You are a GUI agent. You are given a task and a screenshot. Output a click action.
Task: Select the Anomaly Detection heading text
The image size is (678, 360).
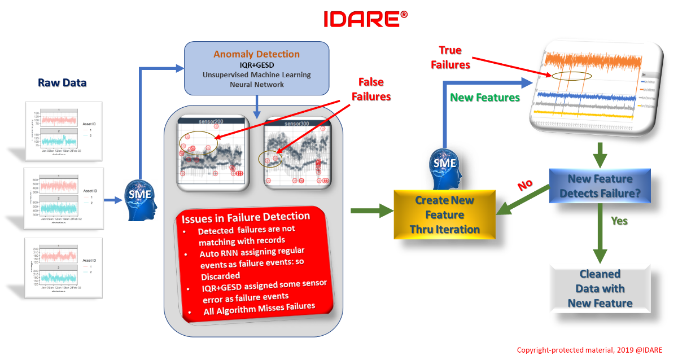[x=256, y=55]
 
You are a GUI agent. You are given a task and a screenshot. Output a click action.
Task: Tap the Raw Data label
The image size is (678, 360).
[x=62, y=83]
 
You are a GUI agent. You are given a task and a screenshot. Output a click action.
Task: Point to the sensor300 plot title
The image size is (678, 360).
[x=296, y=122]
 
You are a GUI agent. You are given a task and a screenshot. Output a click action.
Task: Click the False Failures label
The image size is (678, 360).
[x=371, y=90]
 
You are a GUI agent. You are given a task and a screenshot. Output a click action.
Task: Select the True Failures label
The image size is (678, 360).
[x=450, y=58]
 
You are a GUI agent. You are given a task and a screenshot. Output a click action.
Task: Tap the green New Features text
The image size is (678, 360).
[x=484, y=98]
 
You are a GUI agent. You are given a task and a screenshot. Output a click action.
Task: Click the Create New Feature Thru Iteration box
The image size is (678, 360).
[x=444, y=215]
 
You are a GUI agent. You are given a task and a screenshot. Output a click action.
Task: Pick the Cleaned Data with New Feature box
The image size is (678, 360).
[x=600, y=288]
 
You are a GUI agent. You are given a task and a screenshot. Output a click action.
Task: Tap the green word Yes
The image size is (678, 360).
[x=619, y=221]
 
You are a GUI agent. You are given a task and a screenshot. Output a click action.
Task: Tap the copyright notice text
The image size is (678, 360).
[x=589, y=350]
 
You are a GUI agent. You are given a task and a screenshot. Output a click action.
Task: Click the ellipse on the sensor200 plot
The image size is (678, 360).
[x=198, y=143]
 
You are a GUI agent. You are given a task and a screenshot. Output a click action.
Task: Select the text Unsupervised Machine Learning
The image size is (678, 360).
[x=257, y=75]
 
